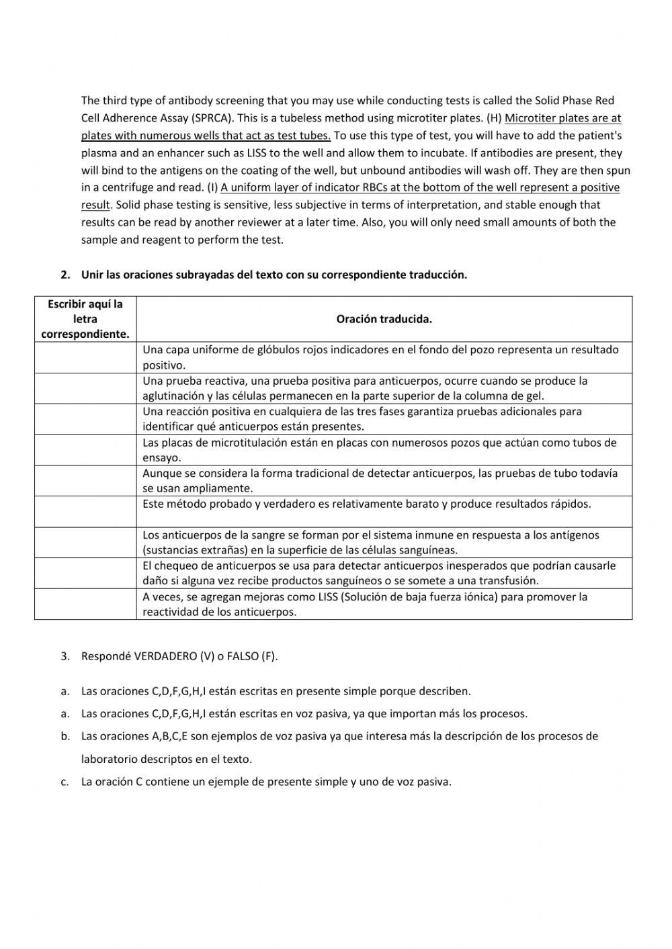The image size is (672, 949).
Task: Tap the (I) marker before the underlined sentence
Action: (211, 187)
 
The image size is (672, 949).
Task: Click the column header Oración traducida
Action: (384, 319)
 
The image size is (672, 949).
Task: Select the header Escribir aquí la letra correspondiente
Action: (85, 319)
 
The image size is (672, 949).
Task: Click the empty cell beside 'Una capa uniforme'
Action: (85, 357)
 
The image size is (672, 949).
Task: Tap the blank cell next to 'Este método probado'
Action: (85, 512)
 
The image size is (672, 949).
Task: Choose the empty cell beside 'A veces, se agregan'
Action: (85, 604)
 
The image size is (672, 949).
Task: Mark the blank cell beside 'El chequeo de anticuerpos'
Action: (85, 573)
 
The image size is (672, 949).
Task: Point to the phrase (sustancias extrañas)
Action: (192, 550)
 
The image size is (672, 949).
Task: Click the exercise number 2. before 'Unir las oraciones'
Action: (65, 275)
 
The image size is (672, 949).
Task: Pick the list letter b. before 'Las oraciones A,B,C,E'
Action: (65, 736)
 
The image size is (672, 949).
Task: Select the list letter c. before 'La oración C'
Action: (65, 782)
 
